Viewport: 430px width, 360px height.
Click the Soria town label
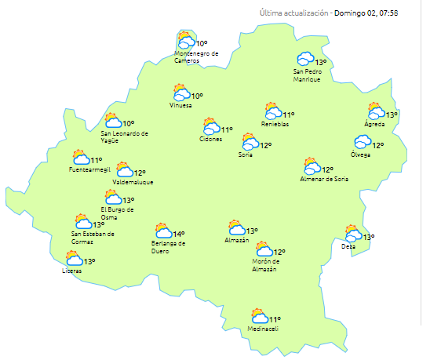pyautogui.click(x=246, y=155)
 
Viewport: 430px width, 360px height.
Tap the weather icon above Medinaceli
pyautogui.click(x=259, y=316)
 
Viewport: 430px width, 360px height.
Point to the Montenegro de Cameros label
pyautogui.click(x=195, y=56)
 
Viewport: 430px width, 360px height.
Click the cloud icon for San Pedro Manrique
pyautogui.click(x=304, y=59)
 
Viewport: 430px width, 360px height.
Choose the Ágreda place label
pyautogui.click(x=374, y=125)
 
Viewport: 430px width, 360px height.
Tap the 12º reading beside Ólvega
pyautogui.click(x=377, y=145)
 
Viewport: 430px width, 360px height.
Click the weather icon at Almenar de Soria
pyautogui.click(x=312, y=166)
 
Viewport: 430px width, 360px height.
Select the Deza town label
pyautogui.click(x=348, y=246)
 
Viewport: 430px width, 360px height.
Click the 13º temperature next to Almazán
pyautogui.click(x=252, y=231)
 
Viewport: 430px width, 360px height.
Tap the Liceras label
pyautogui.click(x=71, y=271)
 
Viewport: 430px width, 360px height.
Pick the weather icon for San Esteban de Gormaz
pyautogui.click(x=82, y=222)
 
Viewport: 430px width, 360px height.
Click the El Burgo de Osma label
pyautogui.click(x=117, y=213)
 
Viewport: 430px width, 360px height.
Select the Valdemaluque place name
pyautogui.click(x=133, y=182)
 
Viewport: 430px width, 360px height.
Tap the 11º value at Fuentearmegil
pyautogui.click(x=96, y=160)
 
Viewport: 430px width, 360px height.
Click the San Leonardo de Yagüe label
pyautogui.click(x=124, y=136)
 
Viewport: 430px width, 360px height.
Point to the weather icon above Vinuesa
pyautogui.click(x=181, y=93)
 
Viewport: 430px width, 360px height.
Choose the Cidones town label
pyautogui.click(x=210, y=139)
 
